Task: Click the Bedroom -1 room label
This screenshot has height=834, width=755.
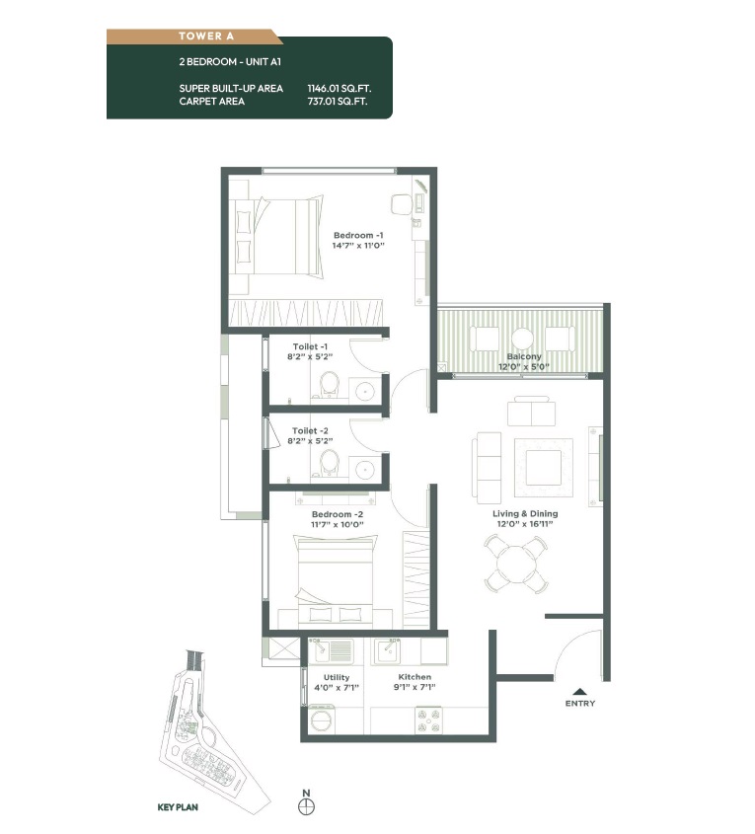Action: click(358, 235)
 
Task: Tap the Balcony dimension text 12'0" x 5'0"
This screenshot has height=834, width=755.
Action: click(524, 366)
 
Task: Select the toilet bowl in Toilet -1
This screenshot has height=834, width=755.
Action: click(329, 384)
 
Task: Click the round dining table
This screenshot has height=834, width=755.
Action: click(516, 564)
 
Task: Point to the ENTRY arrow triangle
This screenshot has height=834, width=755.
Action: click(580, 692)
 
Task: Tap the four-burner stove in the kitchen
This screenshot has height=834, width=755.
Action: click(428, 720)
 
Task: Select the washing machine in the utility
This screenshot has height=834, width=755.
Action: click(321, 720)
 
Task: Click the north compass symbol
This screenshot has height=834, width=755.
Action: click(306, 807)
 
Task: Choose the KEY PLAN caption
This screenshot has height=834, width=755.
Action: click(178, 807)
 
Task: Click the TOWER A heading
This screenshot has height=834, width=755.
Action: click(206, 37)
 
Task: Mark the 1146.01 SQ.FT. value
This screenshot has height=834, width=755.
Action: click(340, 88)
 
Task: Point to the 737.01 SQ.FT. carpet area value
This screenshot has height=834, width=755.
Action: click(338, 101)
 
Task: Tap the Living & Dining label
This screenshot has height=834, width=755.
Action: click(525, 513)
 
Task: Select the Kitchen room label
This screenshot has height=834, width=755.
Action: click(415, 676)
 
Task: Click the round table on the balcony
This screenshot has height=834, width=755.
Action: click(522, 339)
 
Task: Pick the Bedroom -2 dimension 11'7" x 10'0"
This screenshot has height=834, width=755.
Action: click(338, 524)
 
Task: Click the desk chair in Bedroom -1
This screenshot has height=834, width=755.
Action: click(402, 204)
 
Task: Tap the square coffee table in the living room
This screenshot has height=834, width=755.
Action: click(544, 467)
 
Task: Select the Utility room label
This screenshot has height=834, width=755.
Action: click(337, 677)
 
